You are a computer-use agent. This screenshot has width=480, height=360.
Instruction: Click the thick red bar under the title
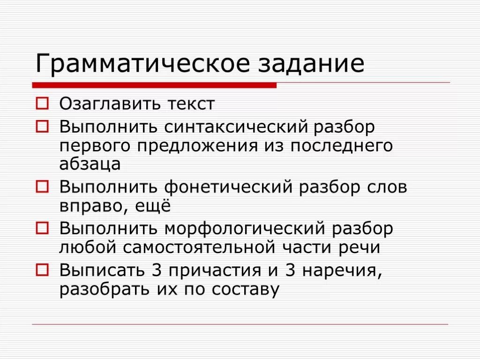point(154,85)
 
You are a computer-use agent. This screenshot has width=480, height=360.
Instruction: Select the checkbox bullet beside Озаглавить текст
point(42,104)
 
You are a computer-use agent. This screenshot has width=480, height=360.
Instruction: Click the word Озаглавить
point(107,104)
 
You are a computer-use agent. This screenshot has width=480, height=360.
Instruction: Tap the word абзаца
point(90,165)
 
